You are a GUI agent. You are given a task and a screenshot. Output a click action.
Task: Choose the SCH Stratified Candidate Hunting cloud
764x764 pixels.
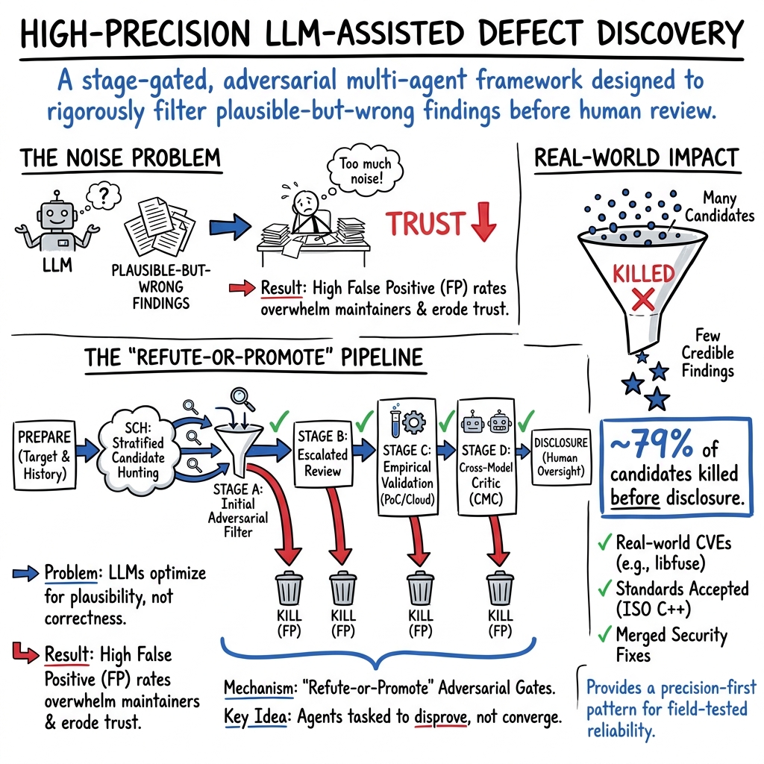[136, 447]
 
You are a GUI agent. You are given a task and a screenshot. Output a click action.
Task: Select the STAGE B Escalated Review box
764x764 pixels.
[322, 453]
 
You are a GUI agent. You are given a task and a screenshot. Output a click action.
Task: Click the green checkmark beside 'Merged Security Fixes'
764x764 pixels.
[604, 635]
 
